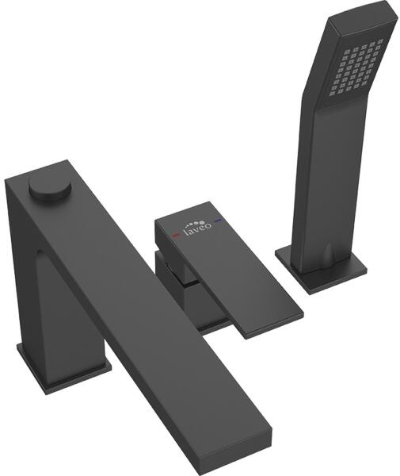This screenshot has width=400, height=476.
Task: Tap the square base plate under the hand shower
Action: pyautogui.click(x=322, y=271)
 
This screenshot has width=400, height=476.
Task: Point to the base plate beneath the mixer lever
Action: pyautogui.click(x=212, y=324)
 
